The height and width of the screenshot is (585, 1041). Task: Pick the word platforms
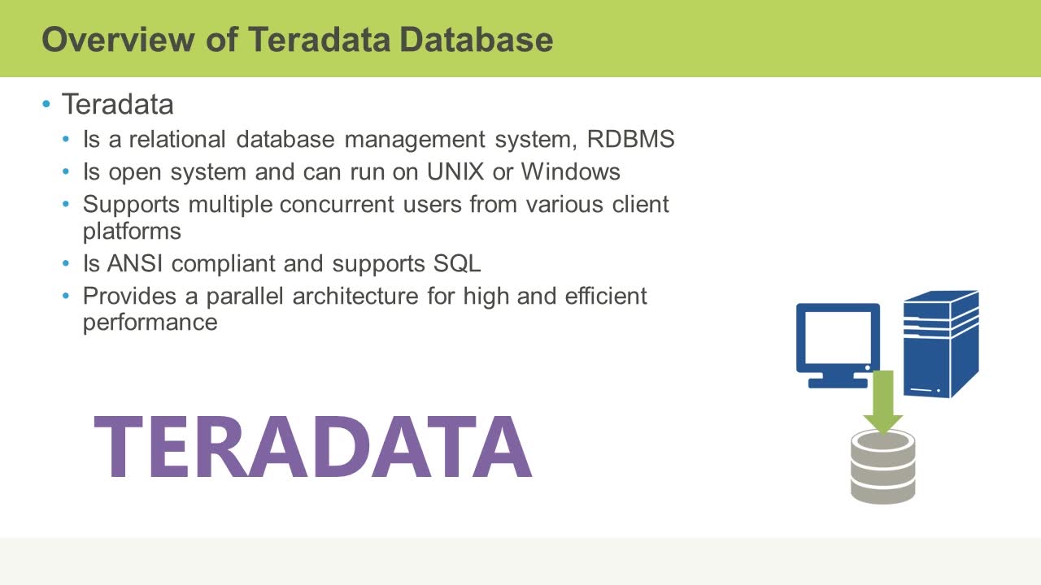click(132, 232)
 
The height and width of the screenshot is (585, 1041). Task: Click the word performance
click(150, 323)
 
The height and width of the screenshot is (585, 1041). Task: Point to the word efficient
click(606, 296)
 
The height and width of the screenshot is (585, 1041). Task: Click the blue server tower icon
click(940, 343)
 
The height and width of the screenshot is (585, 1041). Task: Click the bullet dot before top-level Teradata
click(46, 105)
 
